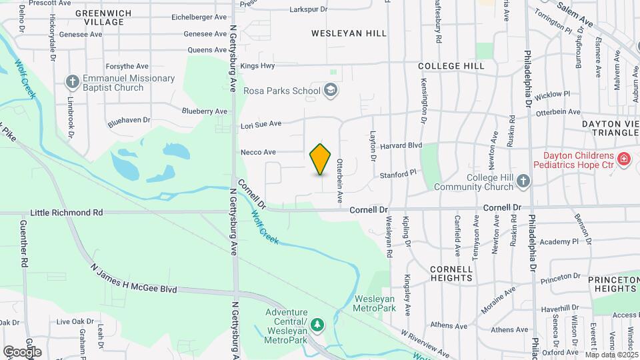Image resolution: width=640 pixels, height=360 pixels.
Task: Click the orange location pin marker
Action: [321, 159]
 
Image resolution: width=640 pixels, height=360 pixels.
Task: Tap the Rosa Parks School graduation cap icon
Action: [329, 90]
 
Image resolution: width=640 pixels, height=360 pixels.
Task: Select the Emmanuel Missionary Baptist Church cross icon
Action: [73, 82]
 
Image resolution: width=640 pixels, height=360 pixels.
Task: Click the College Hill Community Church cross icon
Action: [523, 181]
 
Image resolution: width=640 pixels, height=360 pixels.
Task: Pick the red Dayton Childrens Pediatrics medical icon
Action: [624, 159]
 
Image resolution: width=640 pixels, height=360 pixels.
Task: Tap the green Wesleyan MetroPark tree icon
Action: [319, 325]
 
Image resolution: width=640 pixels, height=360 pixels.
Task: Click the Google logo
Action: [22, 351]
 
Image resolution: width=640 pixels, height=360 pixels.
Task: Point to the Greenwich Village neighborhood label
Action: [99, 17]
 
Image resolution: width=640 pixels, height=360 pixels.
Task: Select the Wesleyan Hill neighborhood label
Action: [349, 33]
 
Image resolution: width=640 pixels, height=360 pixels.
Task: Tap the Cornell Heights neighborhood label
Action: [451, 273]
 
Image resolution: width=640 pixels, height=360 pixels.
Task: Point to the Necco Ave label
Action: [259, 152]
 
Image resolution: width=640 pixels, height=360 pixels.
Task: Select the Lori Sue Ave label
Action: [261, 124]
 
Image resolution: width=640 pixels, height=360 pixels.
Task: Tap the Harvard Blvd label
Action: [406, 145]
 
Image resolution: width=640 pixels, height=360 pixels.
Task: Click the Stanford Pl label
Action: [398, 173]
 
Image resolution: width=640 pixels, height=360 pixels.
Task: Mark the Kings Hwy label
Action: [257, 65]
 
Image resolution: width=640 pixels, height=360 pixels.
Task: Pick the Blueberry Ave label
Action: [205, 111]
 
